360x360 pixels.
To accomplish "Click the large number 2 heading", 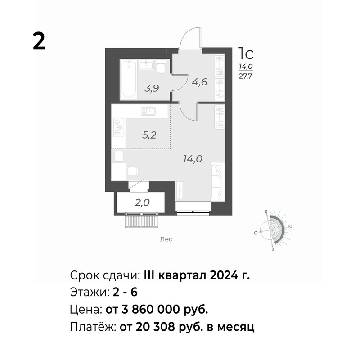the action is [x=39, y=41].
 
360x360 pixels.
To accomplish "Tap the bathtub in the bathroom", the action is [x=129, y=80].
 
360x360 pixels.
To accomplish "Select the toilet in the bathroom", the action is [x=161, y=67].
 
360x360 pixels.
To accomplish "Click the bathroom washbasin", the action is [x=145, y=65].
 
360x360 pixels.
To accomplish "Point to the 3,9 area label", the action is [x=152, y=88].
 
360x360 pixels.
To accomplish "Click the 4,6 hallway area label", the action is [x=200, y=82].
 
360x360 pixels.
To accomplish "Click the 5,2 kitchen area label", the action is [x=149, y=135].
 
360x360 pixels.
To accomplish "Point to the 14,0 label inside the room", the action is [x=193, y=159].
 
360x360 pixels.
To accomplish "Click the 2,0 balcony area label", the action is [x=142, y=203].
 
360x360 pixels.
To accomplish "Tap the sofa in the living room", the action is [x=217, y=181].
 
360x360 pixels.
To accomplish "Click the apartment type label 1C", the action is [x=246, y=53].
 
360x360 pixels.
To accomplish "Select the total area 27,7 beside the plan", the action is [x=245, y=76].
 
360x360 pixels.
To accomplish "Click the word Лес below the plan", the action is [x=166, y=239].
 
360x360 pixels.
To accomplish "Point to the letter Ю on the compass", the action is [x=290, y=226].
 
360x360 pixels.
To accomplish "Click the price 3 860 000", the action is [x=151, y=310].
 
